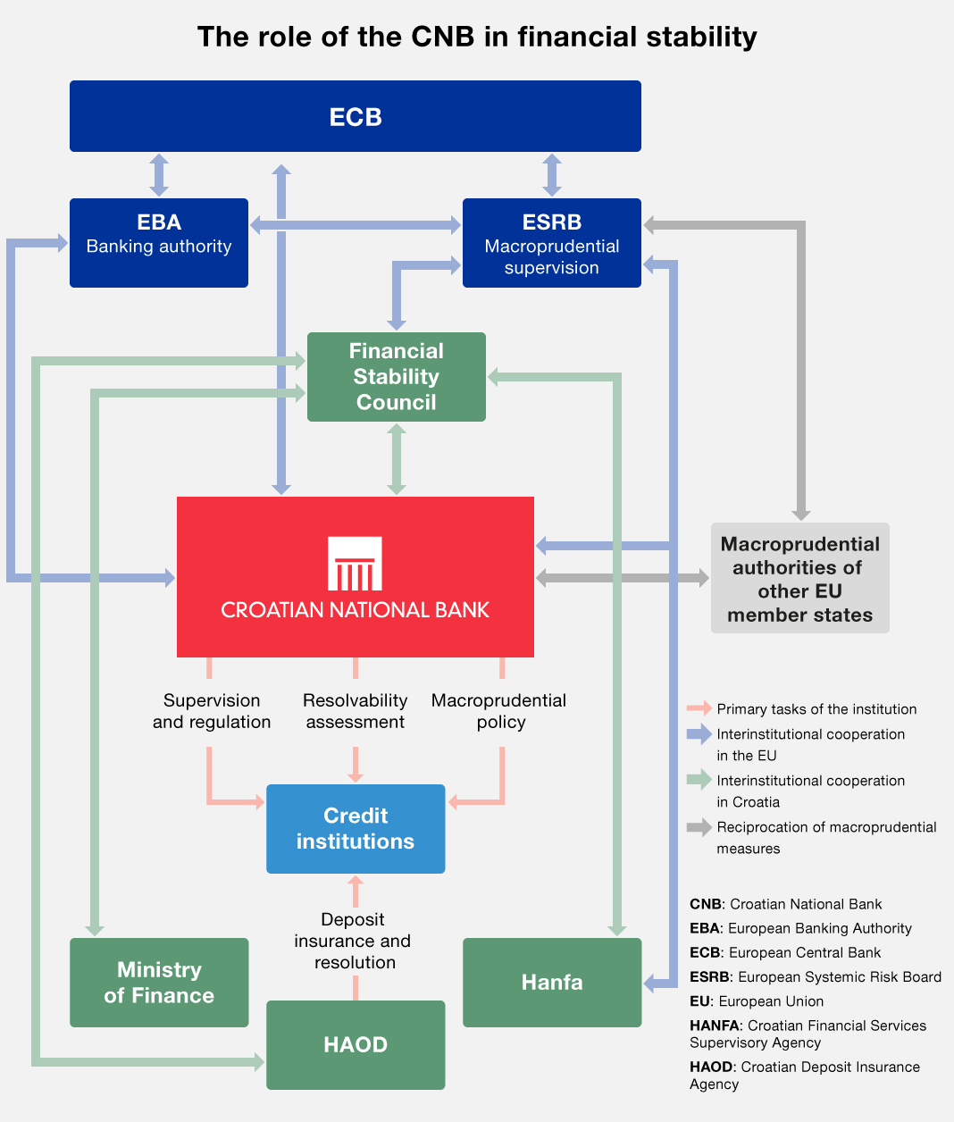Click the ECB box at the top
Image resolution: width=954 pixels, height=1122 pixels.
click(356, 116)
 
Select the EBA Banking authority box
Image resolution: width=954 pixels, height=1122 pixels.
click(159, 243)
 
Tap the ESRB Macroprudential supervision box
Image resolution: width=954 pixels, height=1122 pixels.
click(552, 243)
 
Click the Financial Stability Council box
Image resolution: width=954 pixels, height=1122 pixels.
click(396, 377)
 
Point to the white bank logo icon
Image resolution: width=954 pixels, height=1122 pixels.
click(355, 564)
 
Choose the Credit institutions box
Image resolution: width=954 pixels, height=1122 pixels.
click(356, 829)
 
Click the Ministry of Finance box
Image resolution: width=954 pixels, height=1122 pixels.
click(159, 983)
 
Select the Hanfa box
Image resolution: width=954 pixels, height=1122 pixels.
click(552, 983)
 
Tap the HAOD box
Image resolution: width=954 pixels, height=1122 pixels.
click(356, 1045)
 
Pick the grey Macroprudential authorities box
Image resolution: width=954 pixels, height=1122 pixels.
click(799, 578)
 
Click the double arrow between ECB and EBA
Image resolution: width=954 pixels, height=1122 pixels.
click(159, 175)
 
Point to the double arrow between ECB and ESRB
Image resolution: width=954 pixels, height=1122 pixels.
click(552, 175)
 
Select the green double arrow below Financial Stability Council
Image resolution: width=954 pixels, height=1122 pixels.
click(397, 459)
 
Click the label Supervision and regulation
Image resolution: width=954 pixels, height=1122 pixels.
click(212, 711)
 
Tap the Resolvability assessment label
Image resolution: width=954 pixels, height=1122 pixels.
click(355, 711)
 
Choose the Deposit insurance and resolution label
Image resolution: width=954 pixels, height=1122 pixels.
click(353, 941)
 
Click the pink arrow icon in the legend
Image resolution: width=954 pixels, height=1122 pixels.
click(699, 708)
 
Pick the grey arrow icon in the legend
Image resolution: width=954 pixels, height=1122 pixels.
click(699, 827)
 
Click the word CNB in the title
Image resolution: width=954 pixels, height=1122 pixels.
click(443, 37)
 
